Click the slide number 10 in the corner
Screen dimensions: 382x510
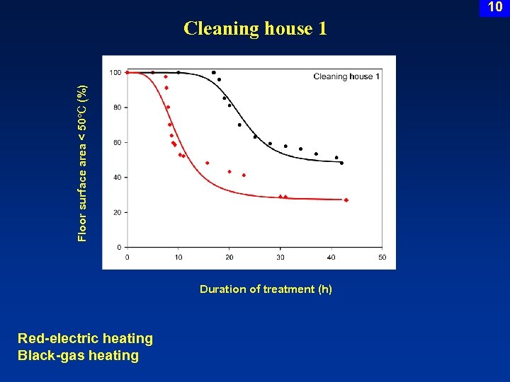point(495,7)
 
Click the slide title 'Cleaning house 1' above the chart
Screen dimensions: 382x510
point(255,28)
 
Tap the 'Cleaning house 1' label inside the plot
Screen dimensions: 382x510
point(346,76)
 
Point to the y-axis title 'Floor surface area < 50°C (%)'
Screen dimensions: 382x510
point(83,163)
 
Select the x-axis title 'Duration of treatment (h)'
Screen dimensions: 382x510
point(266,289)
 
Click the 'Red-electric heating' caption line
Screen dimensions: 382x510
point(85,339)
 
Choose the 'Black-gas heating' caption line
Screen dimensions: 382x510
point(78,355)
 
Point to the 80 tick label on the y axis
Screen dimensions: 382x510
point(117,108)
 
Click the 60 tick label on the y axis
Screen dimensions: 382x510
point(117,142)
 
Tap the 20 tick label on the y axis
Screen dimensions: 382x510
point(117,212)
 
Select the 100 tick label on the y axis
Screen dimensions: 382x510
point(115,72)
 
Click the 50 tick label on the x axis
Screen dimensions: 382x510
point(382,257)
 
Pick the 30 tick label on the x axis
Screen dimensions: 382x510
point(280,257)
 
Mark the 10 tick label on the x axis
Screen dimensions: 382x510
point(178,257)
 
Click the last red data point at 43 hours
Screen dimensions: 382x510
point(346,200)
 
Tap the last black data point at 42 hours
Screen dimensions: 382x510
point(341,163)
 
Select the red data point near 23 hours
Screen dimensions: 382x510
point(244,175)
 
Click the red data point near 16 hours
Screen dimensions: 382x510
point(208,163)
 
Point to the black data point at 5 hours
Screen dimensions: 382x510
point(153,72)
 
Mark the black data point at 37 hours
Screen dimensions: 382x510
point(316,154)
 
